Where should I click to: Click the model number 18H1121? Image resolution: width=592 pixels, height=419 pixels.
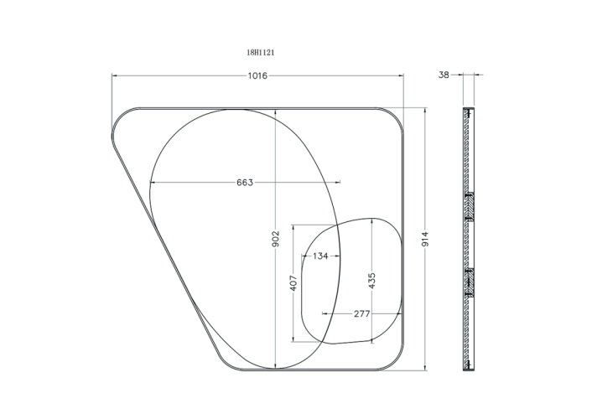click(x=261, y=53)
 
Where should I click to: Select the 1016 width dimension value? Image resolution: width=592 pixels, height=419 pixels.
click(x=257, y=76)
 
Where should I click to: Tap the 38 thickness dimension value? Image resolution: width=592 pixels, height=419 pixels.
click(x=444, y=75)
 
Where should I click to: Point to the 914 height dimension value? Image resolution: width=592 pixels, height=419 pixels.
click(x=425, y=240)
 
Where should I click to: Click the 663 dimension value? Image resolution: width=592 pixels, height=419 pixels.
click(x=245, y=183)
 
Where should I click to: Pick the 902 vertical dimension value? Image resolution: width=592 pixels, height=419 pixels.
click(x=276, y=239)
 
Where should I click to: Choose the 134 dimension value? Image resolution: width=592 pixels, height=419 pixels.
click(x=320, y=256)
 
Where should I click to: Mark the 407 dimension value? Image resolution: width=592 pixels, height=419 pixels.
click(x=293, y=283)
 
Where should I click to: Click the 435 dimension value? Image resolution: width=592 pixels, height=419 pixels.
click(x=372, y=281)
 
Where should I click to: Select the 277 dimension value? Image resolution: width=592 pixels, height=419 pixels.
click(x=361, y=313)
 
